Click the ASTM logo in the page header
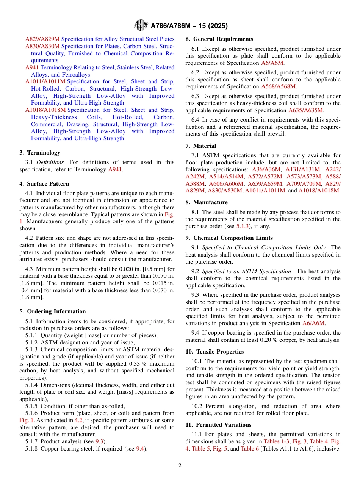tap(141, 25)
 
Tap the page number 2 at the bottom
tap(180, 466)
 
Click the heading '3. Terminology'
tap(40, 153)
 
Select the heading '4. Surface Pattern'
tap(44, 184)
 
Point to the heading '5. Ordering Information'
tap(52, 311)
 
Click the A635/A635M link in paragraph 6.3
tap(306, 110)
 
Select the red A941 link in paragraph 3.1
tap(115, 169)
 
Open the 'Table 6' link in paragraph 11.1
tap(250, 449)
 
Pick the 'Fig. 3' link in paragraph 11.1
tap(300, 441)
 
